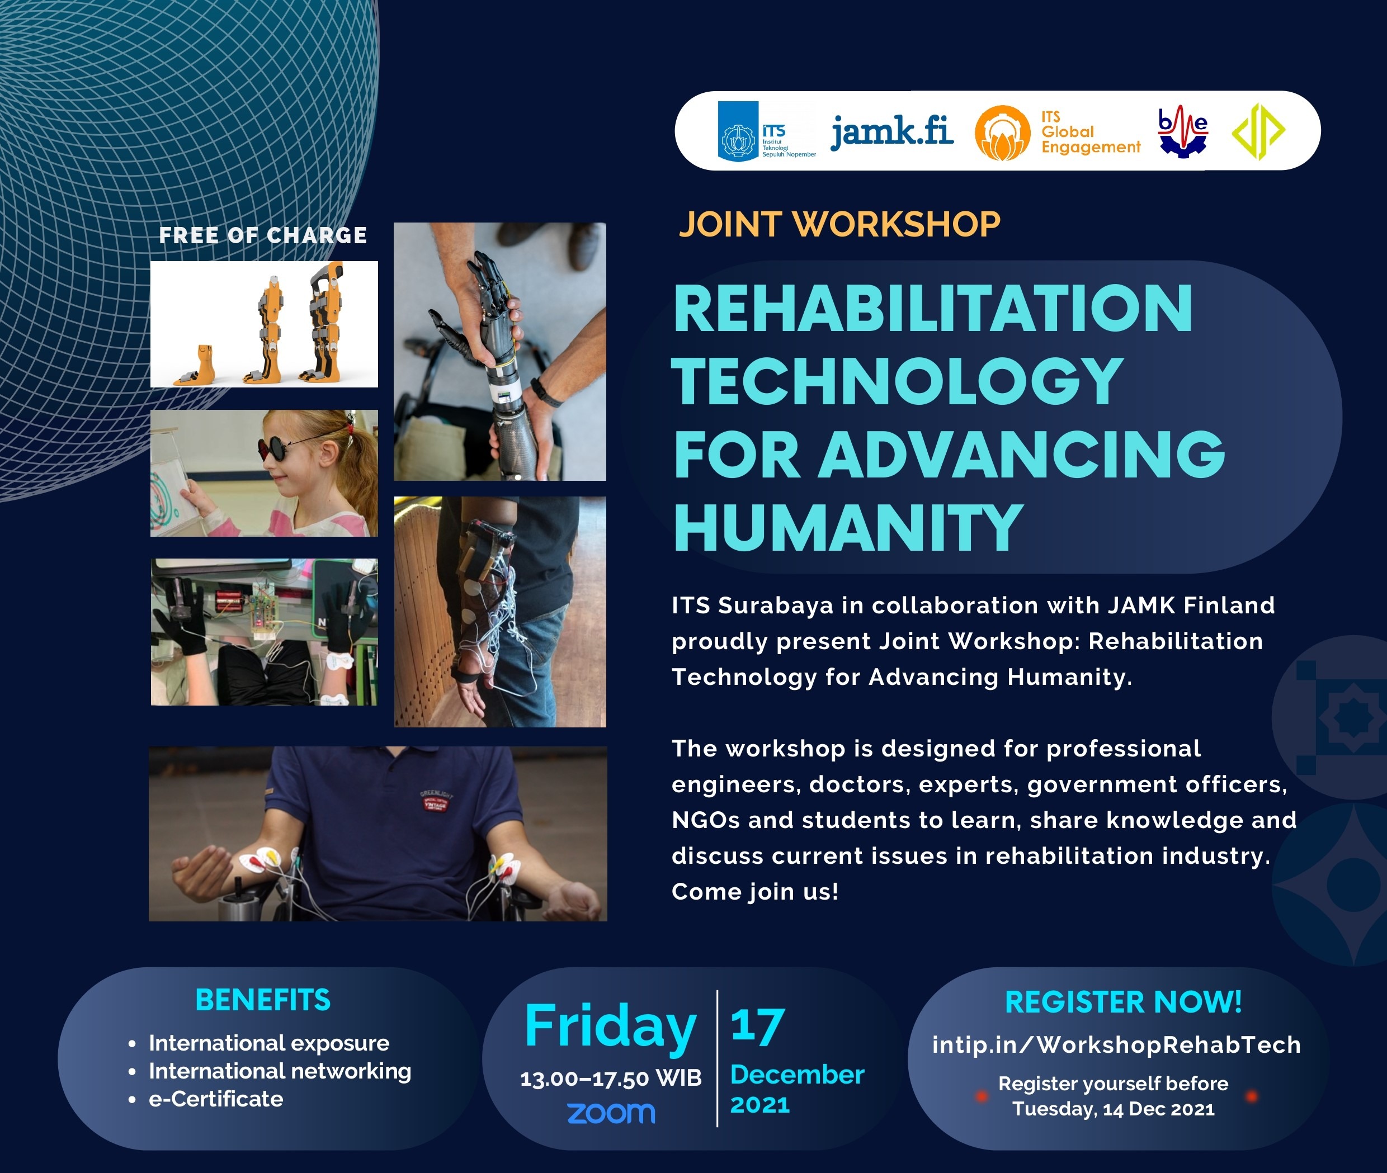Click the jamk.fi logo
891,131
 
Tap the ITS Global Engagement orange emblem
1002,133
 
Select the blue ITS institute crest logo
738,131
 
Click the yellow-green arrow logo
1258,131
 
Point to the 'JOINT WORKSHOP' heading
839,224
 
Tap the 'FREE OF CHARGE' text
263,235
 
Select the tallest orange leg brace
326,323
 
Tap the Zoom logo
611,1113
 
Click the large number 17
758,1026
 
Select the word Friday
610,1026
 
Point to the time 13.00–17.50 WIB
611,1079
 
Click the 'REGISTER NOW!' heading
1123,1002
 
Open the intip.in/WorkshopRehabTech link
1116,1044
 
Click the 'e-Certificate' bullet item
215,1099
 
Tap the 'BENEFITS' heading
263,1000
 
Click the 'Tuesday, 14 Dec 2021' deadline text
1113,1109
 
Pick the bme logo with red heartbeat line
1182,131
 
